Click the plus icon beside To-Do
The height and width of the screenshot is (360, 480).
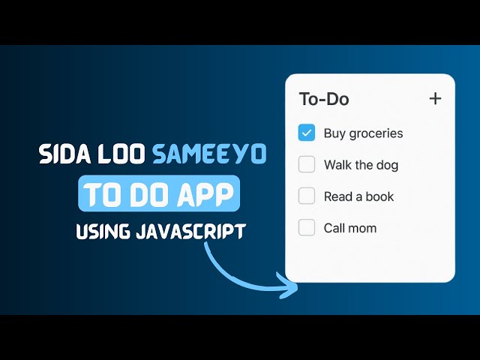[435, 98]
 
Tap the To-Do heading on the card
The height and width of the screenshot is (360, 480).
[324, 99]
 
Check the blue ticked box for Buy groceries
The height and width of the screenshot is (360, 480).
[307, 133]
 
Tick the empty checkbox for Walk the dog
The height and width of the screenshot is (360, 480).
[307, 164]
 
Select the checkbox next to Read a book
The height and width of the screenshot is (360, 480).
[307, 196]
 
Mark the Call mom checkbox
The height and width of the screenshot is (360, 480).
[307, 227]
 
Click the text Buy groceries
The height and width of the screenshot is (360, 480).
[363, 133]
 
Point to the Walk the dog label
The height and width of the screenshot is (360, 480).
[361, 165]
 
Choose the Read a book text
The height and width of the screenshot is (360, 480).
[358, 196]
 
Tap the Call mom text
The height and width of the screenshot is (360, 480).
[350, 228]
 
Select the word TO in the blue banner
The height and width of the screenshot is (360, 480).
[100, 195]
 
